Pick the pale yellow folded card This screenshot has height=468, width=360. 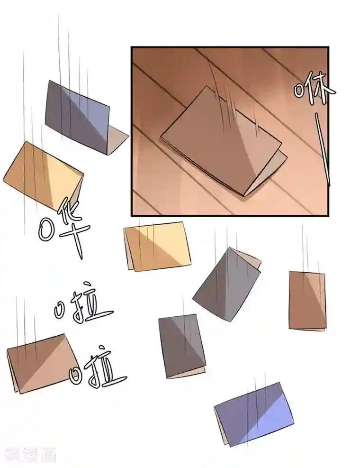click(x=158, y=246)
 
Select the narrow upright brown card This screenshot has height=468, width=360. click(x=307, y=300)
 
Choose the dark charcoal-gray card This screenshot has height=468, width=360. click(x=181, y=345)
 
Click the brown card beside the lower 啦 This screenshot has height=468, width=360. click(x=40, y=363)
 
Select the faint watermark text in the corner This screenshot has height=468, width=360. click(x=28, y=455)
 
